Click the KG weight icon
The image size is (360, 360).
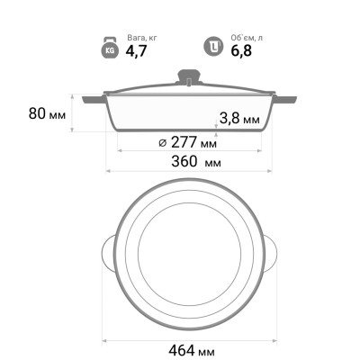pos(110,49)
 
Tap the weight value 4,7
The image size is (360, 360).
pos(136,50)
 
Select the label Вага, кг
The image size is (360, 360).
pos(142,38)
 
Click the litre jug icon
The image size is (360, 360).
pos(213,47)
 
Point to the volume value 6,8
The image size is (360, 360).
pos(241,50)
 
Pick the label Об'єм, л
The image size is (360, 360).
pos(247,38)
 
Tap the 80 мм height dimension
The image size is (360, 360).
pos(47,113)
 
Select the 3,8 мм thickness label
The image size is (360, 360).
pos(239,119)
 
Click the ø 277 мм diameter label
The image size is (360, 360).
pos(187,142)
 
